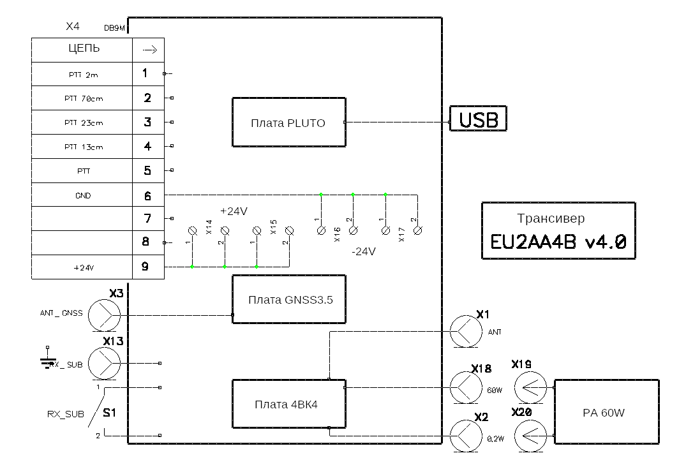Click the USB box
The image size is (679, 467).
tap(479, 119)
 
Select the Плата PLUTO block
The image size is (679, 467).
tap(288, 122)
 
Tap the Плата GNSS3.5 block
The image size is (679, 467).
tap(289, 299)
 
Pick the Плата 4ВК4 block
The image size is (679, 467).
tap(288, 404)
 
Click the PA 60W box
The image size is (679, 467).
tap(606, 412)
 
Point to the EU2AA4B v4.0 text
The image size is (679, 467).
tap(558, 242)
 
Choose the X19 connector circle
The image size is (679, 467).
tap(530, 387)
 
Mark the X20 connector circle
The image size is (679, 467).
tap(530, 436)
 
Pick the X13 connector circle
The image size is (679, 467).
tap(103, 363)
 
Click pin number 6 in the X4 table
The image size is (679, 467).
tap(147, 195)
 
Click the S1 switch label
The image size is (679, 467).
tap(110, 413)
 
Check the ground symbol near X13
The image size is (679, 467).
tap(47, 360)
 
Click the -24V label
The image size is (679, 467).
tap(363, 251)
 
